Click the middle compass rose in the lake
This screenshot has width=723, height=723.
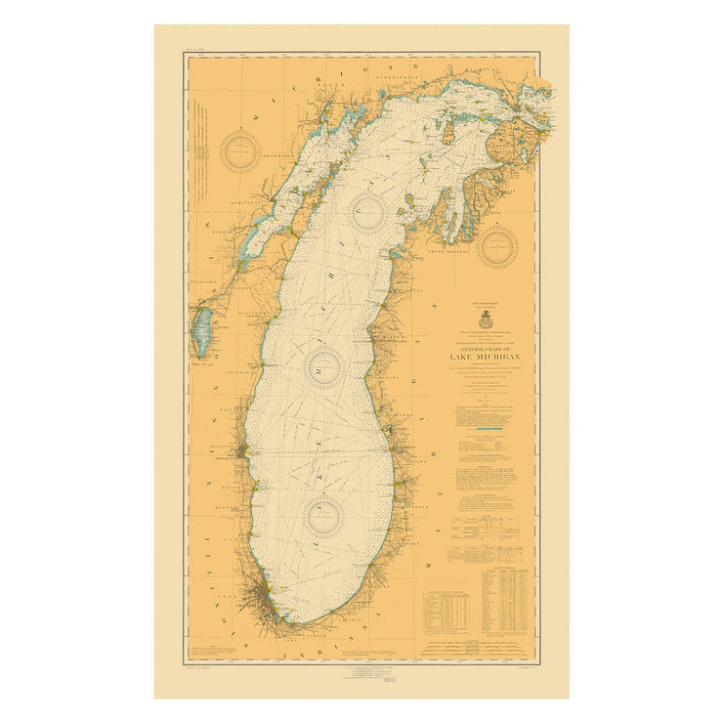click(324, 366)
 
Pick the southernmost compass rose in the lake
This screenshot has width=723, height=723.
click(324, 516)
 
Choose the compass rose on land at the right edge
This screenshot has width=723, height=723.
click(497, 244)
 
